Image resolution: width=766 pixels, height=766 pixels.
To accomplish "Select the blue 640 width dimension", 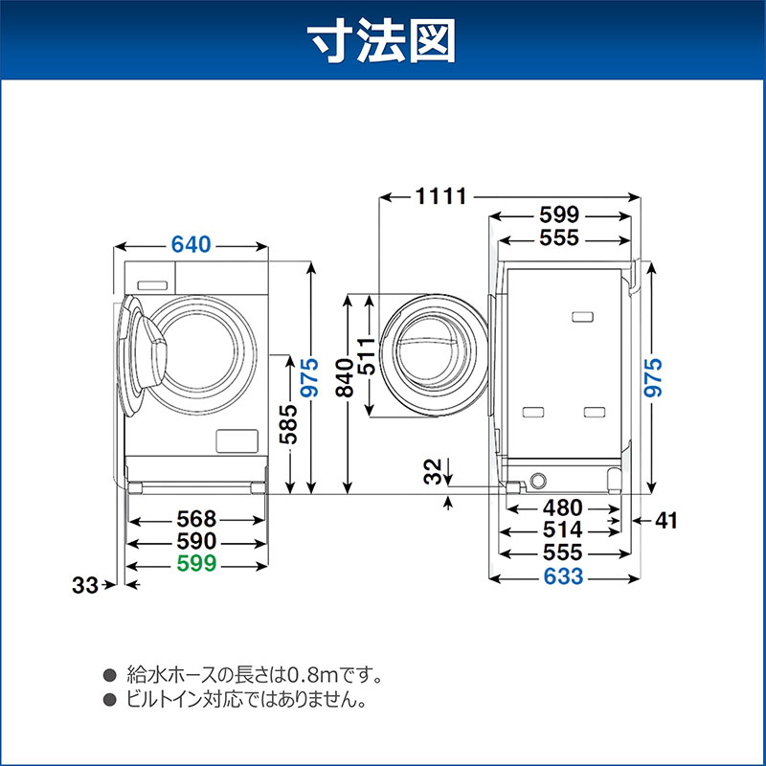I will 191,245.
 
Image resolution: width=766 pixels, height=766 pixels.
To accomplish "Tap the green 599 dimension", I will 197,563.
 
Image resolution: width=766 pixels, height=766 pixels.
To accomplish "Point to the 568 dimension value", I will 197,520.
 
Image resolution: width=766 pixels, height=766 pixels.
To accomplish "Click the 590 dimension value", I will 197,542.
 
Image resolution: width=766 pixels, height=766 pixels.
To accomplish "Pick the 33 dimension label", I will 86,585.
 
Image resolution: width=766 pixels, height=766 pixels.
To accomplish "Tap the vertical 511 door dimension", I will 367,355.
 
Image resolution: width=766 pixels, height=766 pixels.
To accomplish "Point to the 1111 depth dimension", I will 440,197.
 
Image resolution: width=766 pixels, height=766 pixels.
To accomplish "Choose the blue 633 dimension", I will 563,577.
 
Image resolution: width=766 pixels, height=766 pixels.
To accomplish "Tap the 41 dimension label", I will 666,521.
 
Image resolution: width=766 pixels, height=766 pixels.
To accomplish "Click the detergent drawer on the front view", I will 151,284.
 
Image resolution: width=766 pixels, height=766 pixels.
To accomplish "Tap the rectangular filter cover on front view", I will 235,440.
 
